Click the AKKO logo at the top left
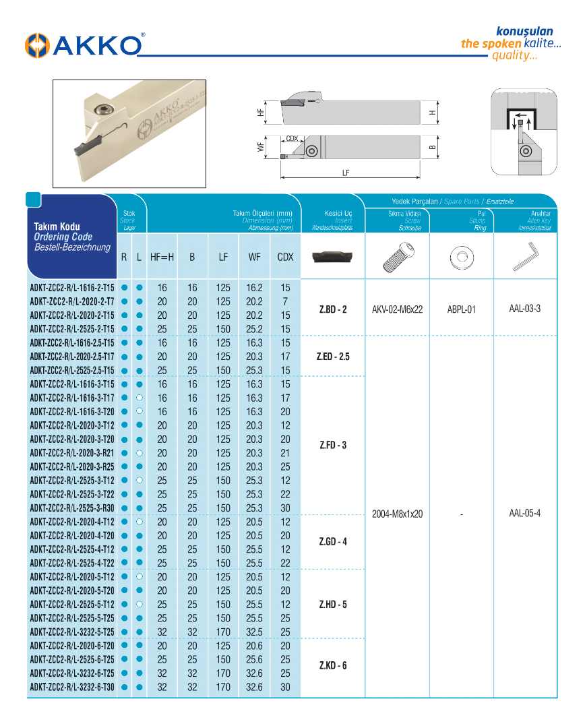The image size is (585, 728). click(84, 45)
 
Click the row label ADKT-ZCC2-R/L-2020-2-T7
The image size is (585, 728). click(71, 301)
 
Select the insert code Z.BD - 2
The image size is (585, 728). click(333, 309)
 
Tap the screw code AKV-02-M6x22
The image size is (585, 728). click(398, 309)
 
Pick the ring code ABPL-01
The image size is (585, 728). click(462, 309)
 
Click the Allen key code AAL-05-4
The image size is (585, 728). click(525, 513)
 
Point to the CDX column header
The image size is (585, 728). click(285, 257)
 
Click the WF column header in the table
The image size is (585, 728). click(254, 257)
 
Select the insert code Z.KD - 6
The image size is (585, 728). click(333, 665)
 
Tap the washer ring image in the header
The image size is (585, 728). click(462, 257)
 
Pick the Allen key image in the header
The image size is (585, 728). click(525, 256)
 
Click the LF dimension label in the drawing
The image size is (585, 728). click(346, 173)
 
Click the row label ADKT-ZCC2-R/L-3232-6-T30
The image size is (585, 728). click(71, 687)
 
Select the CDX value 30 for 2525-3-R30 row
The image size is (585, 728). click(285, 508)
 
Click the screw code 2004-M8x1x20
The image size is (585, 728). click(398, 514)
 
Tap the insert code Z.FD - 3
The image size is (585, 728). click(333, 446)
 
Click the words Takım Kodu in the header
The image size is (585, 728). click(57, 226)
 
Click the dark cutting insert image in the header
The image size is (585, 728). click(333, 257)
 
